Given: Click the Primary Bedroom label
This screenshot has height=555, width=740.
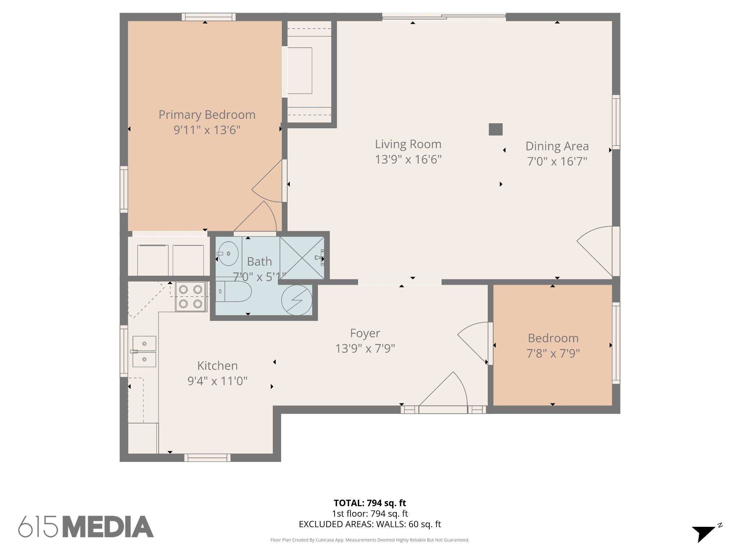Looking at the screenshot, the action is point(207,115).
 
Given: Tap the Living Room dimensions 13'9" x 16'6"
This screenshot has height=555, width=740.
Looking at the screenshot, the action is point(408,159).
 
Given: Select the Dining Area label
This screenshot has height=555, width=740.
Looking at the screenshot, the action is point(557,146).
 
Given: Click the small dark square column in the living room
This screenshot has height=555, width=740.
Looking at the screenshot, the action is point(496,129).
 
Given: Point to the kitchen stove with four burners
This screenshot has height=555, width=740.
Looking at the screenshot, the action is point(191,297).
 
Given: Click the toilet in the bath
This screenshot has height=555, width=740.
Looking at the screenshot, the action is point(233,291).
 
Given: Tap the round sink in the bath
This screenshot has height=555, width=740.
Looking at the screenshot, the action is point(228,254).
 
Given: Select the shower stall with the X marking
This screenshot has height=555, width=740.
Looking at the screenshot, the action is point(302,258).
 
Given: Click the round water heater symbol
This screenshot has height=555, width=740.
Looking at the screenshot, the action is point(297,300).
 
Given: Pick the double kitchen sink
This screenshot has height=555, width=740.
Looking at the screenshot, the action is point(144,351).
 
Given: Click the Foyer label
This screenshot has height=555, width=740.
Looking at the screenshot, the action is point(365,333).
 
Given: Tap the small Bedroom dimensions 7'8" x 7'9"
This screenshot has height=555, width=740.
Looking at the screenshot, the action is point(553,353).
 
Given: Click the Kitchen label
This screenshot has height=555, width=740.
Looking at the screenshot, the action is point(218,366).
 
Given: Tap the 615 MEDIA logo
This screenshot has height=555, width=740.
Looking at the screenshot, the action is point(86,526).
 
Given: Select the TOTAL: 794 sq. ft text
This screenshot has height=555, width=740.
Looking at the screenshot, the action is point(370,503).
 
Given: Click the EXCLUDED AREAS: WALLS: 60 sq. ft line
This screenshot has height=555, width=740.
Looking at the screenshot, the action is point(370,524).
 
